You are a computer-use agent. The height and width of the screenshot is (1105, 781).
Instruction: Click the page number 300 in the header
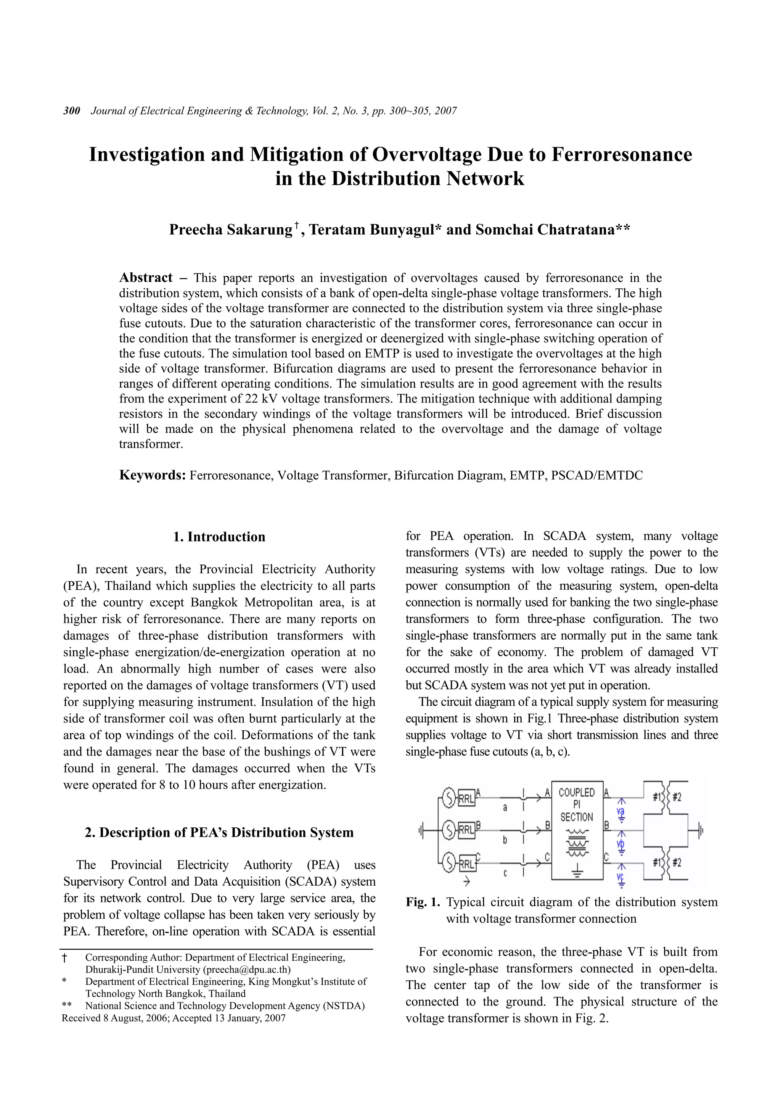72,111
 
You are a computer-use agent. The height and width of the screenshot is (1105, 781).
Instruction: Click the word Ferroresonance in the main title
621,154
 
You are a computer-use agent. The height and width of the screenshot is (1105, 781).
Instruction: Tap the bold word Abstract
146,278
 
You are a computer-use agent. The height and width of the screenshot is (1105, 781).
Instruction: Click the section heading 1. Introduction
219,537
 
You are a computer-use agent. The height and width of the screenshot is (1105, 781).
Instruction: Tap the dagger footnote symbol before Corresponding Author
65,958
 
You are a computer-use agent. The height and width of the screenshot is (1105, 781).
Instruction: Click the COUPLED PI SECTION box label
577,804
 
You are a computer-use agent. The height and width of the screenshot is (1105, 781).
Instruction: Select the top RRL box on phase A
466,799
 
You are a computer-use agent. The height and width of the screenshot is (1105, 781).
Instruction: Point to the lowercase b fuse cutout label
505,840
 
